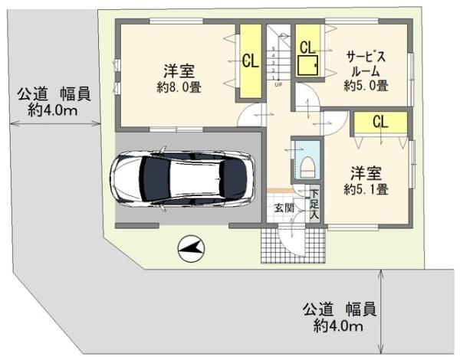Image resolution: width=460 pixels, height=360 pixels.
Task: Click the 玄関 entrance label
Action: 283,208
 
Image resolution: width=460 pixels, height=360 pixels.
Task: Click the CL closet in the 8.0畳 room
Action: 249,61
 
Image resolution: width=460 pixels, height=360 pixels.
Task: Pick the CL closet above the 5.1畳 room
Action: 379,121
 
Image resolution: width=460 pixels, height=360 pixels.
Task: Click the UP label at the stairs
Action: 278,84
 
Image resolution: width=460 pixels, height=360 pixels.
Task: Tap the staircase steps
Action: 279,57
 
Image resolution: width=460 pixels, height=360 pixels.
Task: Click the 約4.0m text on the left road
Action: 52,110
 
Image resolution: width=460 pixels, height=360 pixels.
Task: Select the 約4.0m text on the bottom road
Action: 337,326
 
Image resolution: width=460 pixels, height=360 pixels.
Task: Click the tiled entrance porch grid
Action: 293,245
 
